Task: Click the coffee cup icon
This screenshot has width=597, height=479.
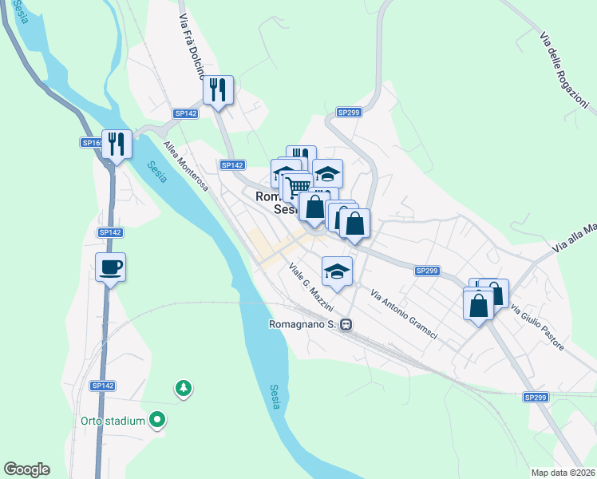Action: click(x=110, y=267)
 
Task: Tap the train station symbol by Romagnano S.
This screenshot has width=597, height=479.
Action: click(x=346, y=325)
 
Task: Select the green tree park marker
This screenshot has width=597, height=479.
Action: click(x=184, y=388)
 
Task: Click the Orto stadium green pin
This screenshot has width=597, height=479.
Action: click(x=158, y=419)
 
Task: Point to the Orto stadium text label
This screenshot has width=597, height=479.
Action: click(x=113, y=421)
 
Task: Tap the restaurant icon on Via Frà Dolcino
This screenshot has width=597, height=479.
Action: click(x=218, y=89)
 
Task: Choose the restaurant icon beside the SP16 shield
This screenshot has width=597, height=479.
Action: click(x=117, y=144)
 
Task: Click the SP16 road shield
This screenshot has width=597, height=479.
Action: click(x=90, y=143)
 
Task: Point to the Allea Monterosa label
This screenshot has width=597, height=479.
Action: click(x=185, y=167)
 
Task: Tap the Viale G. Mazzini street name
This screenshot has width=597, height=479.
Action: click(x=310, y=287)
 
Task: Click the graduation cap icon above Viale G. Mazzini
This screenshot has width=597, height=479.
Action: click(x=337, y=271)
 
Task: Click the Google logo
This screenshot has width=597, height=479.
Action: click(x=26, y=469)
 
